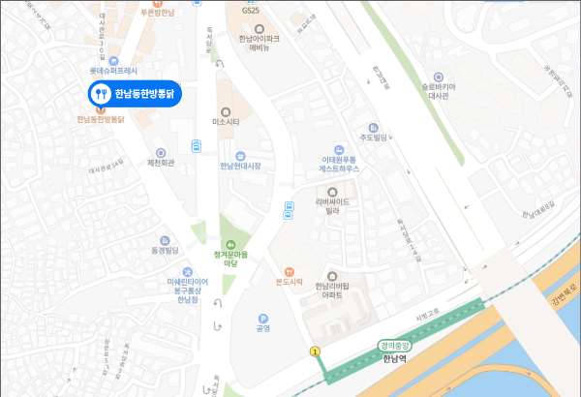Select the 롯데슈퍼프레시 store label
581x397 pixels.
tap(114, 71)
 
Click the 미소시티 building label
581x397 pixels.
tap(226, 122)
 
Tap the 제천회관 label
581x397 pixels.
tap(161, 163)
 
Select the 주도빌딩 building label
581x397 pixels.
tap(374, 137)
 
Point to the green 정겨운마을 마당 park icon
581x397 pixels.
tap(230, 244)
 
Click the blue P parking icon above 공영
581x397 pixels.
tap(262, 318)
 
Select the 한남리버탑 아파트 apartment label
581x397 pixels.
tap(335, 287)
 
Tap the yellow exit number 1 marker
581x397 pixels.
tap(314, 350)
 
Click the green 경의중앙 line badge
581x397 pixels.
tap(395, 345)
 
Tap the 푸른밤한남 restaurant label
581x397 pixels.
tap(157, 14)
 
